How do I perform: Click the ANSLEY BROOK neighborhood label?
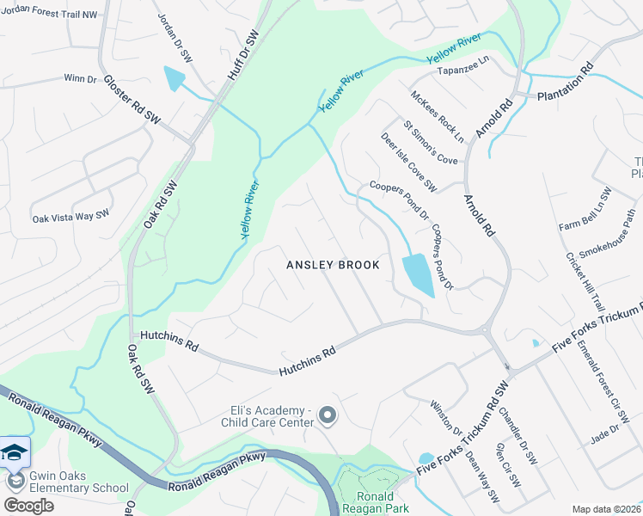point(333,265)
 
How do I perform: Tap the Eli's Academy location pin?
point(327,416)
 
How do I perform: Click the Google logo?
point(28,506)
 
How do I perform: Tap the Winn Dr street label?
point(80,78)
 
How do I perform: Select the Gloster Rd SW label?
point(132,97)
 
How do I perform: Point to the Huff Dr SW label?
point(243,56)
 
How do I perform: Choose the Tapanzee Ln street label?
point(463,71)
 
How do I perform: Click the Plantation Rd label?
point(566,83)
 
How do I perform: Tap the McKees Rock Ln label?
point(437,116)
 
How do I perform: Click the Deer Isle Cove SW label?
point(409,162)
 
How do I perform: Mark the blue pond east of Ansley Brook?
point(417,275)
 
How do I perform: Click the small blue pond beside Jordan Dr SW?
point(175,79)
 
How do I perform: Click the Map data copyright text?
point(606,509)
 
